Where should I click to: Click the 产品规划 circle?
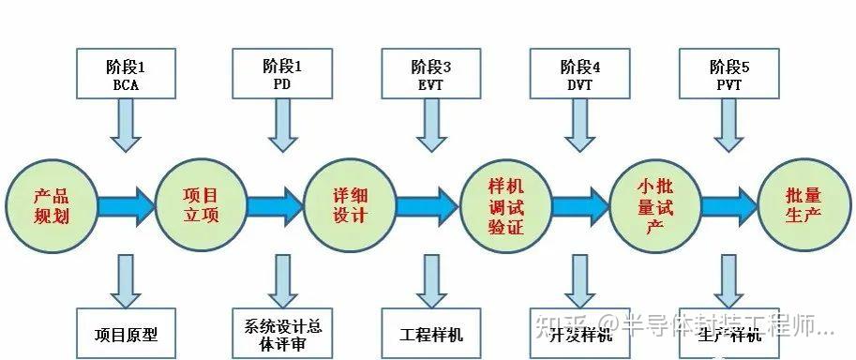tap(52, 204)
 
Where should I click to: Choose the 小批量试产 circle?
tap(655, 204)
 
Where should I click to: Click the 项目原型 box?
tap(126, 334)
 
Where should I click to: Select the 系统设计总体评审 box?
tap(281, 334)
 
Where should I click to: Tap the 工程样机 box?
tap(431, 334)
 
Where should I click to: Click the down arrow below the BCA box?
tap(126, 126)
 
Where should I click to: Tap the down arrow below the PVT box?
tap(728, 126)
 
